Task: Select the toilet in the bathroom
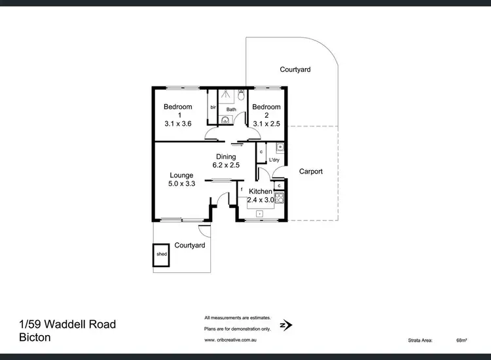tap(240, 96)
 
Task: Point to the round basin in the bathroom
tap(225, 120)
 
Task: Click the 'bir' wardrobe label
tap(213, 107)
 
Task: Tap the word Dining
tap(226, 156)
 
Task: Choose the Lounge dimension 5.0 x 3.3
tap(182, 184)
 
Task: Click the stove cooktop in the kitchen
tap(280, 196)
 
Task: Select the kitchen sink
tap(260, 213)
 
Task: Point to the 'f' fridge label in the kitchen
tap(242, 190)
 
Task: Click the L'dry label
tap(274, 160)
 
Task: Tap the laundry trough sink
tap(279, 147)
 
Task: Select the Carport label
tap(311, 171)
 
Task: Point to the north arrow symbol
tap(285, 323)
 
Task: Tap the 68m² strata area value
tap(462, 340)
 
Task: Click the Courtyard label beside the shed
tap(190, 245)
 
